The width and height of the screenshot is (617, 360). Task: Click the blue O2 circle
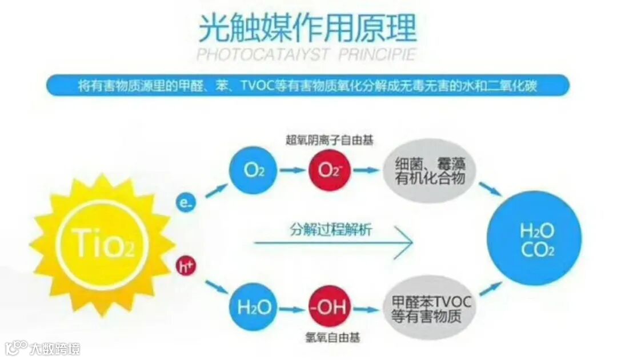point(253,170)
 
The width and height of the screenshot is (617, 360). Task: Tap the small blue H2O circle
point(253,308)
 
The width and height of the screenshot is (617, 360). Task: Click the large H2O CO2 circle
point(537,240)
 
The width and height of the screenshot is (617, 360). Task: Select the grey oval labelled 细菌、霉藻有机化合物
point(430,170)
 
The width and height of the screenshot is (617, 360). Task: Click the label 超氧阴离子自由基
point(330,139)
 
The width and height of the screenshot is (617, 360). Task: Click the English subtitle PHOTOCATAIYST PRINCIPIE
point(306,55)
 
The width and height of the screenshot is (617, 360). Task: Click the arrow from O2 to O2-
point(290,170)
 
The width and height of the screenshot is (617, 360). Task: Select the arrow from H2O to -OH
point(290,309)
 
